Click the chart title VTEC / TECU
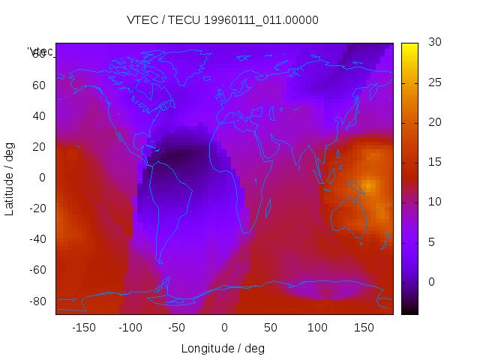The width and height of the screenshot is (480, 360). click(x=223, y=20)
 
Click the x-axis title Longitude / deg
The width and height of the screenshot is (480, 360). click(x=223, y=348)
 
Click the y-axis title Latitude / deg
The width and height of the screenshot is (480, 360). click(x=10, y=178)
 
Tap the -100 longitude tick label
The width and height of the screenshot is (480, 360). click(x=130, y=327)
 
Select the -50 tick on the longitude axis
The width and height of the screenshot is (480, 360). click(x=177, y=327)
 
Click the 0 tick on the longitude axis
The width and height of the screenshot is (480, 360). click(x=223, y=327)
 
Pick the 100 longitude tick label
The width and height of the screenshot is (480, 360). click(x=317, y=327)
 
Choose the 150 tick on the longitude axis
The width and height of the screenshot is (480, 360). click(x=364, y=327)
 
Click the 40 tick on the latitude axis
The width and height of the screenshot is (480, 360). click(x=38, y=115)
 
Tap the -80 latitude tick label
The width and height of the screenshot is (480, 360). click(x=36, y=301)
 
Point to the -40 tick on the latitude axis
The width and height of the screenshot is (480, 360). click(x=36, y=239)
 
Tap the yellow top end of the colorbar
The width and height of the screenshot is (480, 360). click(x=409, y=46)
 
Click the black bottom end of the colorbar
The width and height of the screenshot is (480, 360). click(x=409, y=310)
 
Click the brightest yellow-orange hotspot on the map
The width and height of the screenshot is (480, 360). click(x=368, y=184)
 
